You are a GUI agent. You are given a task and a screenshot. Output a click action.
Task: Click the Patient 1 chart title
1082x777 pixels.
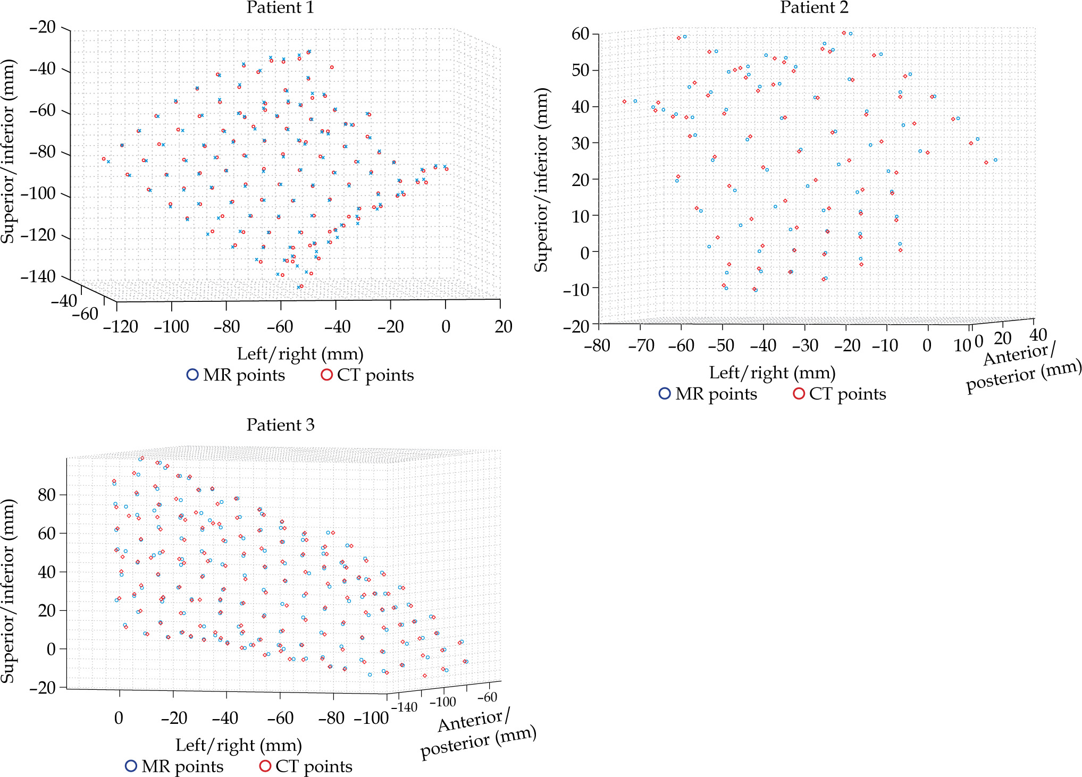(280, 8)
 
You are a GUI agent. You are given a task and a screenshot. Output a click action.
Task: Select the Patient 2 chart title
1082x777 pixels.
(814, 8)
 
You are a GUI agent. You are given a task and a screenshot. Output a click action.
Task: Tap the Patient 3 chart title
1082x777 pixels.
(280, 425)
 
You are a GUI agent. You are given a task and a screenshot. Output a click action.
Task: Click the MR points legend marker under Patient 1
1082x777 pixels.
(192, 375)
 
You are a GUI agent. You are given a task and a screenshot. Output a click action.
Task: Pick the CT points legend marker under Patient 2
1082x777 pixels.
(799, 394)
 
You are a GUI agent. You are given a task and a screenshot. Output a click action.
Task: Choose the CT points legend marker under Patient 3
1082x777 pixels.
(265, 766)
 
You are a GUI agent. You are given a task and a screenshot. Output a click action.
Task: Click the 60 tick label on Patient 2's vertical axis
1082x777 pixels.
(581, 34)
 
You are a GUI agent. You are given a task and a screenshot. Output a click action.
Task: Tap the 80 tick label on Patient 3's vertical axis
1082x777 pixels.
(47, 495)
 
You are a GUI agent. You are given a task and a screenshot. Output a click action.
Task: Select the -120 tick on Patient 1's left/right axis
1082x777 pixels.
(121, 326)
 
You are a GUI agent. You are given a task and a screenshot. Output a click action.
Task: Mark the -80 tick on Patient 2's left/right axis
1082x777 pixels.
(597, 346)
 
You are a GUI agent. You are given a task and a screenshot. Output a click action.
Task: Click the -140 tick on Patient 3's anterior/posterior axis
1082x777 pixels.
(404, 708)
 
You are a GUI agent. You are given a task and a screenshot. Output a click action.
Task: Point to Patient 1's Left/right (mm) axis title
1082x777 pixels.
(300, 354)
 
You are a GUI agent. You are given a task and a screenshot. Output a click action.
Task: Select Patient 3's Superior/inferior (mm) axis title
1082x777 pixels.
(7, 591)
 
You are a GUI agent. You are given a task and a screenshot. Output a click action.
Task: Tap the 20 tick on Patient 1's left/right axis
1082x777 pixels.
(503, 326)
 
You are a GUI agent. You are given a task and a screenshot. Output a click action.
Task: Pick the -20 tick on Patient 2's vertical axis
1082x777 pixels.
(576, 326)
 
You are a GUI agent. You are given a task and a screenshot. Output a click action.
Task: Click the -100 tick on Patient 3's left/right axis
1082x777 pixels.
(371, 719)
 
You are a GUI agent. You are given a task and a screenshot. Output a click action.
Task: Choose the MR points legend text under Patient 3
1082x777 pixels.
(182, 766)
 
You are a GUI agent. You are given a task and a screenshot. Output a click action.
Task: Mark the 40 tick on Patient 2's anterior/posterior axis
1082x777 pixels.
(1038, 335)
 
